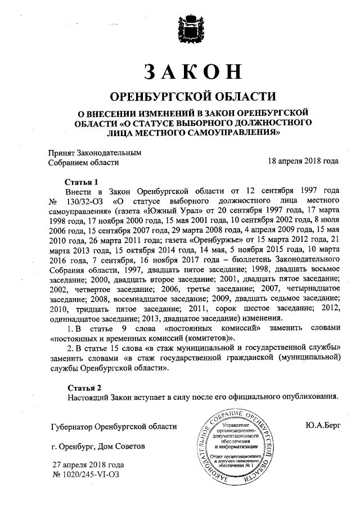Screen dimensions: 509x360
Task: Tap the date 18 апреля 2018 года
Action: pos(304,161)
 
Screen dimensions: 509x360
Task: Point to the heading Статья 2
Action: pos(85,388)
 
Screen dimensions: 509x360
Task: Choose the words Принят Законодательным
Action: pos(94,152)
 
